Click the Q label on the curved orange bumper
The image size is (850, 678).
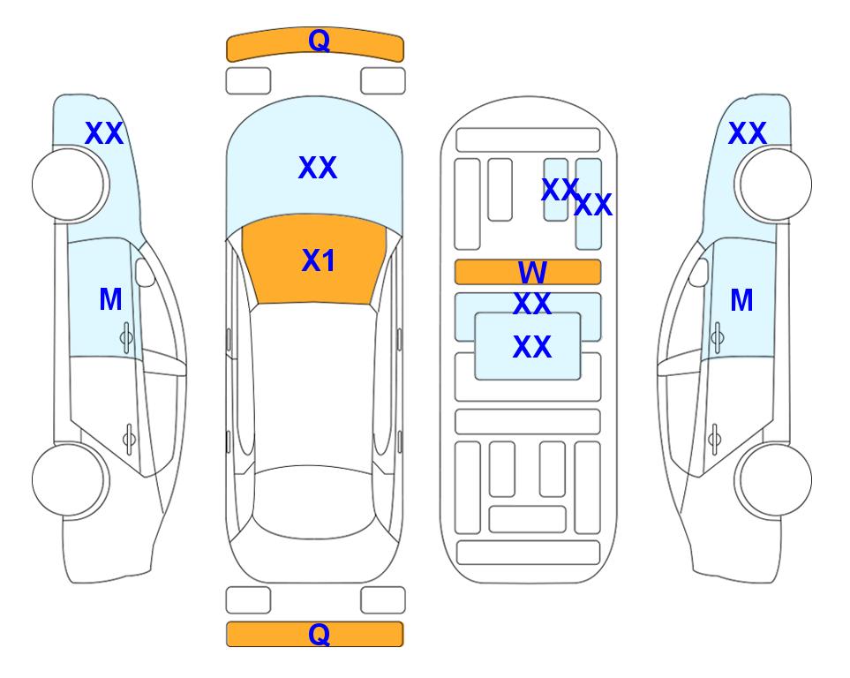(x=319, y=41)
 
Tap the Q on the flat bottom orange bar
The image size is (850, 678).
(x=319, y=634)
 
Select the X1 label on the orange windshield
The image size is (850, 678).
(x=319, y=260)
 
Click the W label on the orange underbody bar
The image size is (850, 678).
(x=532, y=272)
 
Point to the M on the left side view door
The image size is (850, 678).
(x=110, y=299)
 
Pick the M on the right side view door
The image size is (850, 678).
(x=741, y=300)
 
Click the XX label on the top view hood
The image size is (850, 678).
(x=318, y=168)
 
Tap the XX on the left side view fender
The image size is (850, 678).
(x=104, y=133)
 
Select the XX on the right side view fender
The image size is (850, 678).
(x=748, y=133)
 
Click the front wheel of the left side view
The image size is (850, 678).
(x=68, y=185)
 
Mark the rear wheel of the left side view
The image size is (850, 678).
(x=68, y=480)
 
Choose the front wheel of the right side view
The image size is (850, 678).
(x=776, y=185)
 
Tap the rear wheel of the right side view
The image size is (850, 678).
(x=776, y=480)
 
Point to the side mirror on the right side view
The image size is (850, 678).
(x=698, y=272)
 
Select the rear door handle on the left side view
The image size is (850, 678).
(x=129, y=438)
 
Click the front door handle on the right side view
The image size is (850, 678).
(x=718, y=337)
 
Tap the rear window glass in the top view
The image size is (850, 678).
(x=314, y=501)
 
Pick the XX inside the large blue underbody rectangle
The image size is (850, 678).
(x=532, y=347)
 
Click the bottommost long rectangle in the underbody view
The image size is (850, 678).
(x=529, y=553)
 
